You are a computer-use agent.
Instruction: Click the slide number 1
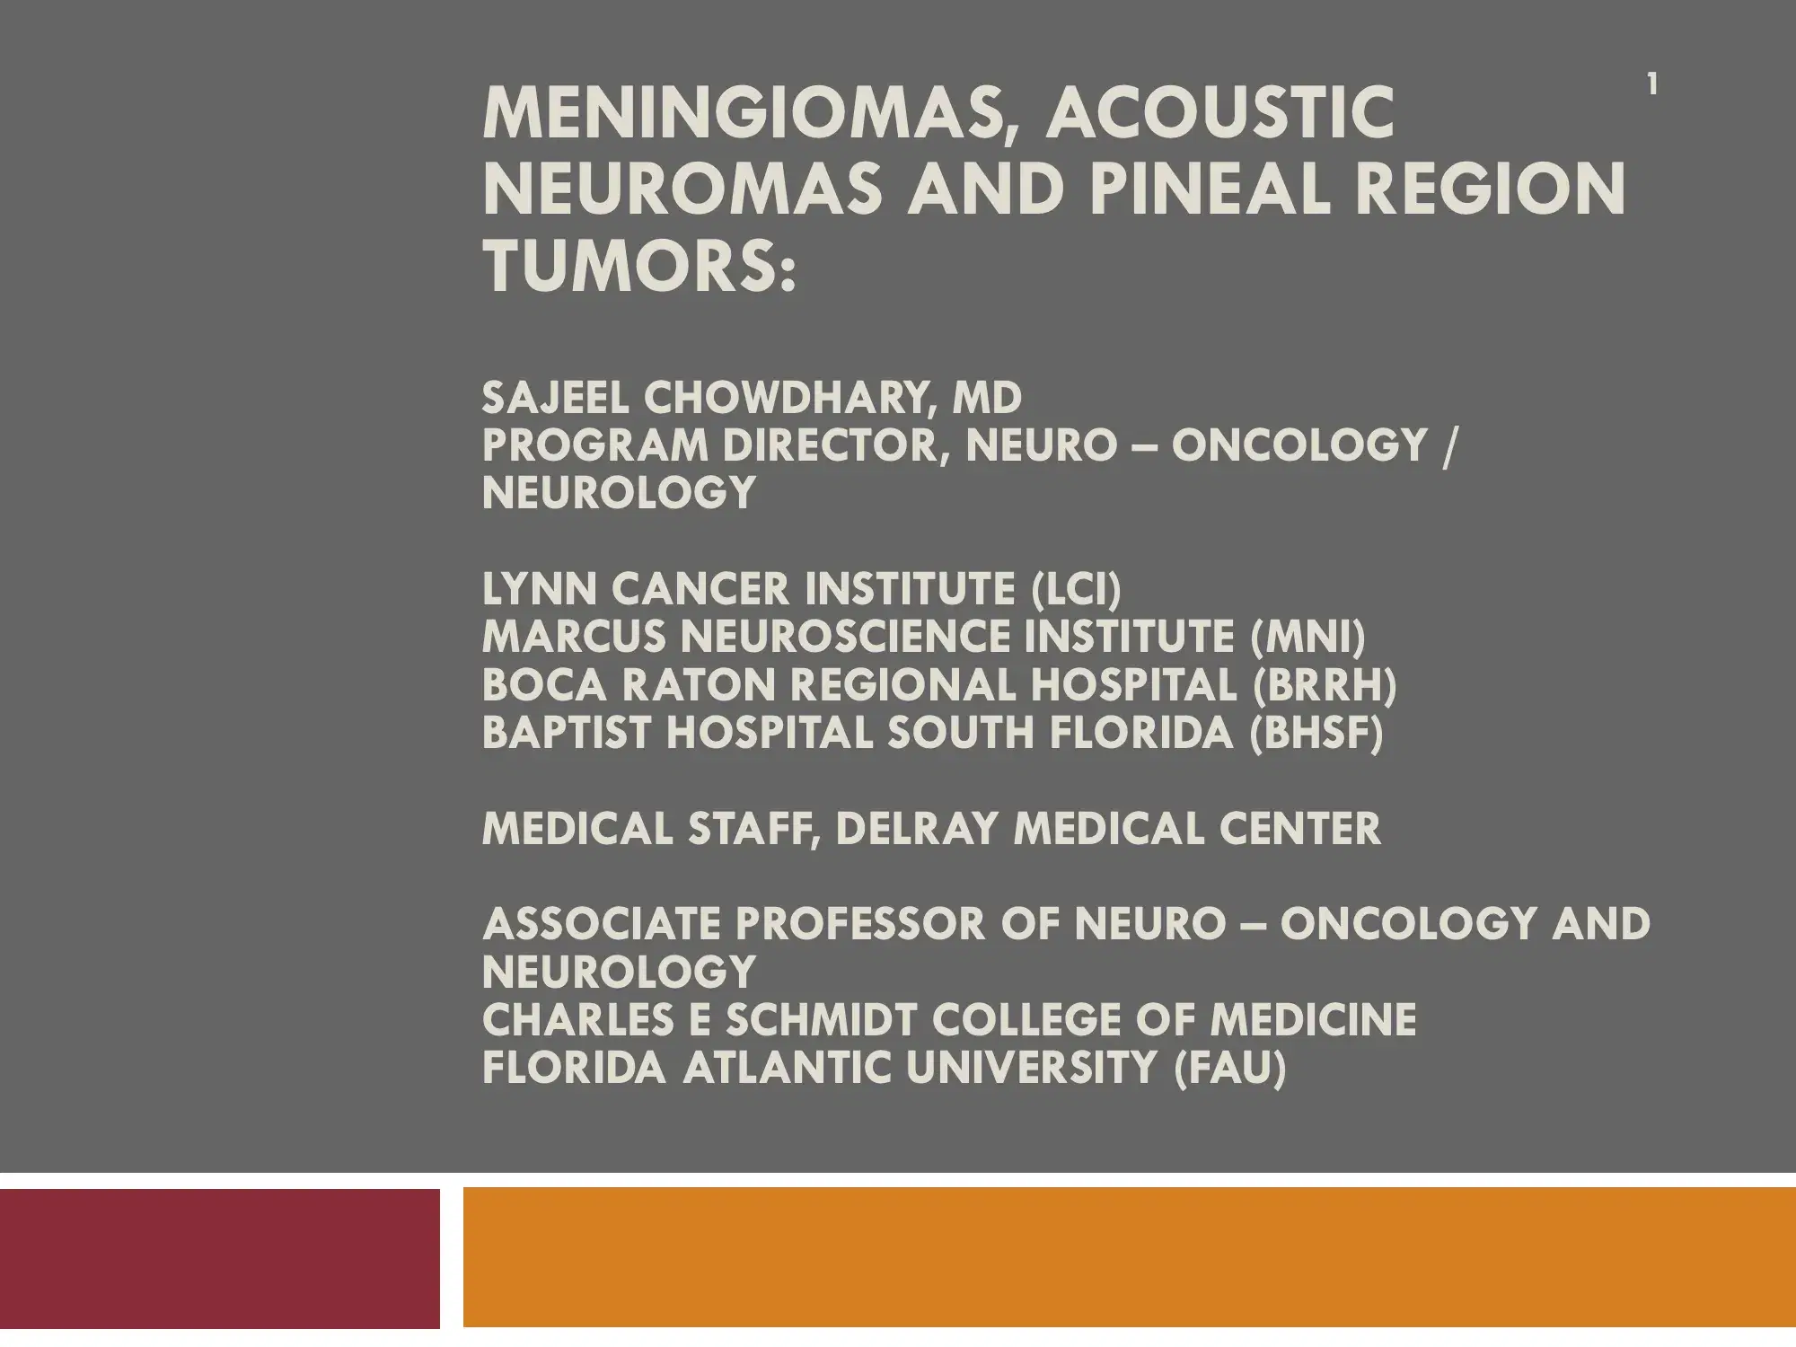(x=1651, y=85)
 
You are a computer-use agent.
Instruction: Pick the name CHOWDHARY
(x=785, y=398)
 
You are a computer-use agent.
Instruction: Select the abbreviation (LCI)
(x=1076, y=590)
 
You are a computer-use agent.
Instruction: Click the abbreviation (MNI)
(x=1307, y=638)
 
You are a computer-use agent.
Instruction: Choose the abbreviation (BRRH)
(x=1325, y=686)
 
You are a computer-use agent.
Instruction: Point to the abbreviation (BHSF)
(x=1316, y=734)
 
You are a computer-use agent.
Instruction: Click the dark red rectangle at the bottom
(x=220, y=1257)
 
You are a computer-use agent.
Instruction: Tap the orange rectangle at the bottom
(x=1130, y=1257)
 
